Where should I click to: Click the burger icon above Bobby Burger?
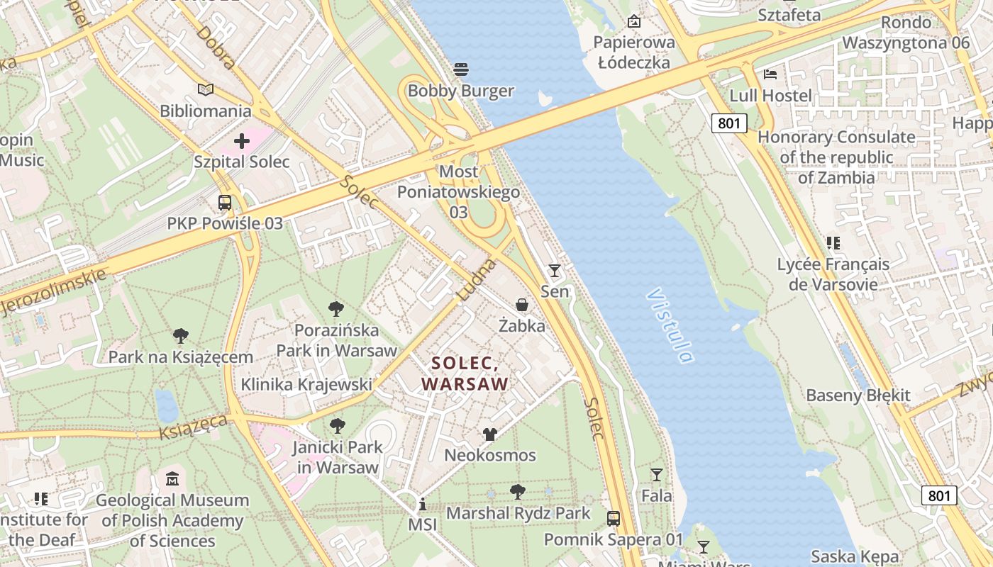(x=461, y=69)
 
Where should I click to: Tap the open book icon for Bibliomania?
(x=206, y=89)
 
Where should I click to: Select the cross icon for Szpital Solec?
(x=242, y=140)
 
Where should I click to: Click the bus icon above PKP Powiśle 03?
(x=225, y=202)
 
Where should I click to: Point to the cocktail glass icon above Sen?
(x=554, y=270)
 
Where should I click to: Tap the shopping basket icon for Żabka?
(x=522, y=305)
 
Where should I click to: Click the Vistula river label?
(x=670, y=325)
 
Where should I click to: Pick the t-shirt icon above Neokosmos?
(x=489, y=434)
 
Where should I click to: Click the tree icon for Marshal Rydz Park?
(x=518, y=491)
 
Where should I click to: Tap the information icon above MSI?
(x=423, y=504)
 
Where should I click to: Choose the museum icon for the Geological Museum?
(x=172, y=479)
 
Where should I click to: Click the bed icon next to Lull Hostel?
(x=770, y=74)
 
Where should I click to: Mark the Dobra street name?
(x=216, y=47)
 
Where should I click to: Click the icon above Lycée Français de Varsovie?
(x=833, y=243)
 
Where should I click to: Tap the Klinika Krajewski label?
(x=306, y=384)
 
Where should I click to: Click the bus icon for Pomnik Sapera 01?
(x=614, y=518)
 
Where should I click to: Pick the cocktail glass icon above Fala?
(x=657, y=474)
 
